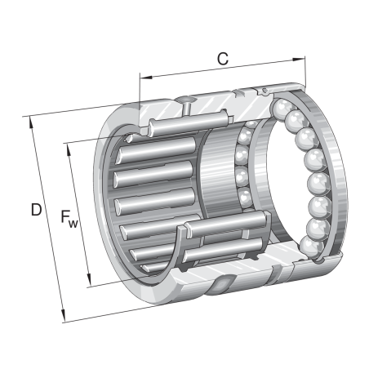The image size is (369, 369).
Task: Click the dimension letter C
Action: pyautogui.click(x=222, y=58)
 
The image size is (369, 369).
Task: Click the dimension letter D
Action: pyautogui.click(x=36, y=210)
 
